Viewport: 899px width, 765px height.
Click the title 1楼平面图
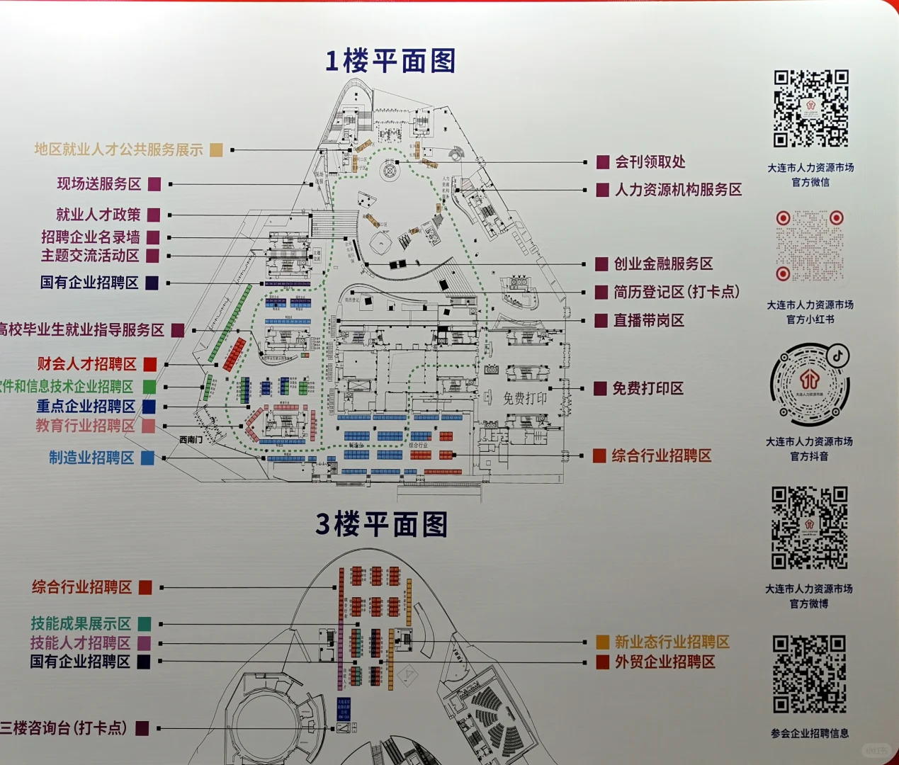390,61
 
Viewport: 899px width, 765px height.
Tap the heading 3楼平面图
382,525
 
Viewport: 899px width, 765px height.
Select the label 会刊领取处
650,162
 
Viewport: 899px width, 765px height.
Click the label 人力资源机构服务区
678,190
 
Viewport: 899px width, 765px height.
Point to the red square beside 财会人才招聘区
150,364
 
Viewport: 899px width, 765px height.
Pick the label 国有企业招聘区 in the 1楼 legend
89,283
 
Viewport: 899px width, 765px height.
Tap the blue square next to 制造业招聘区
147,458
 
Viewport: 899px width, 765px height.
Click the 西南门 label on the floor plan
191,440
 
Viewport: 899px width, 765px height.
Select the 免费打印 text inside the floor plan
525,398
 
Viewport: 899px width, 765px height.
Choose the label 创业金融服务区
663,264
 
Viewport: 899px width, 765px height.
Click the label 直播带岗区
649,321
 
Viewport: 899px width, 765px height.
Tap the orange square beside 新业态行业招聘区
602,642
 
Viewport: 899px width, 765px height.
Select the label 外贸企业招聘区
665,662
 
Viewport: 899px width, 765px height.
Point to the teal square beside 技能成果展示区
144,624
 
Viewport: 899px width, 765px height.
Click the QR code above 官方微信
810,108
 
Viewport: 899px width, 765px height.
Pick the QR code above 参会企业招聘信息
809,674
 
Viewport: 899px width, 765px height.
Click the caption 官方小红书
810,319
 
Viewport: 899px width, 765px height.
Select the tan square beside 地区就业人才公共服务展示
216,149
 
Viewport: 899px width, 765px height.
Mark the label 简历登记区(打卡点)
677,292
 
